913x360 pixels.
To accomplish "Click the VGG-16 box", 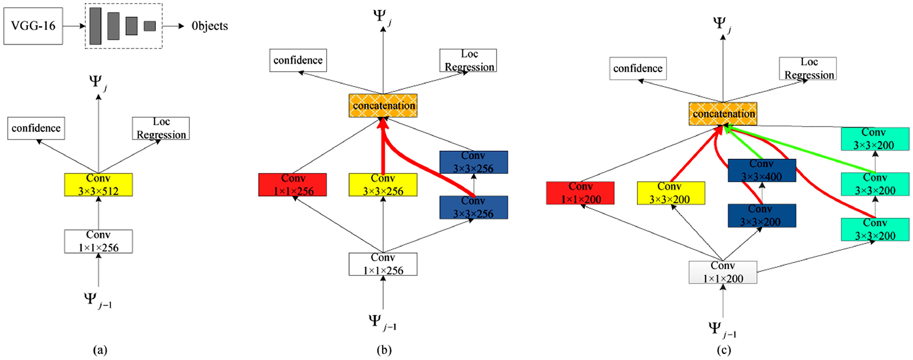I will [x=33, y=26].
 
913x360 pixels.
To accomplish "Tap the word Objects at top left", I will [x=209, y=26].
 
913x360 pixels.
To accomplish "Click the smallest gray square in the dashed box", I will [x=149, y=26].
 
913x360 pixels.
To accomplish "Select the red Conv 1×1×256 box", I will [x=292, y=185].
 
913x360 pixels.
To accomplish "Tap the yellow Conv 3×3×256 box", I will [x=383, y=185].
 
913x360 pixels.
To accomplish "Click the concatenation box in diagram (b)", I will [x=383, y=106].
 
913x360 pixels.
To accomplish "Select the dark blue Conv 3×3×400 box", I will [x=762, y=170].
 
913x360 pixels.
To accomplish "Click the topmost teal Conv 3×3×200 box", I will [x=875, y=139].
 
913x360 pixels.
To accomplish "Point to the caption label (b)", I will [x=384, y=350].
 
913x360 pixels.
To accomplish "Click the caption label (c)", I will [x=724, y=350].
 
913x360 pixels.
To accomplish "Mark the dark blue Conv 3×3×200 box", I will [x=762, y=215].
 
